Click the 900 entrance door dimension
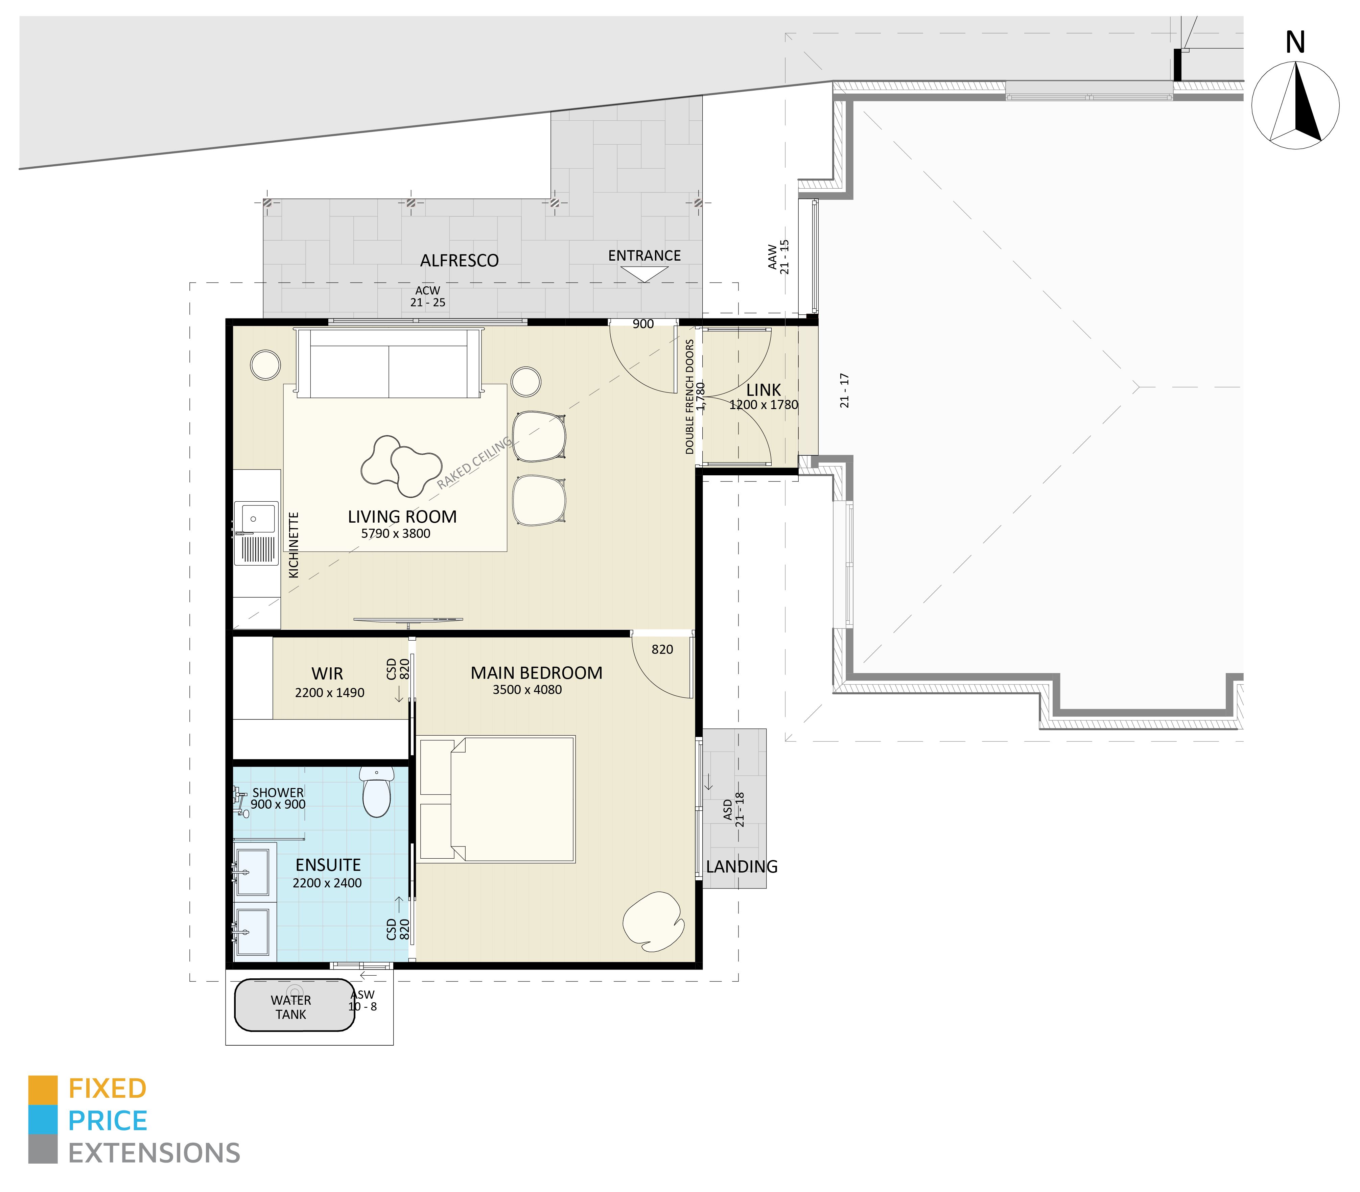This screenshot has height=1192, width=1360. [643, 324]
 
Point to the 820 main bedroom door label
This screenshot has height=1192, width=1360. [662, 649]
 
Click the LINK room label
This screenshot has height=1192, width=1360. [763, 390]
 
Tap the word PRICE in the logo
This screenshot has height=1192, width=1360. [108, 1121]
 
